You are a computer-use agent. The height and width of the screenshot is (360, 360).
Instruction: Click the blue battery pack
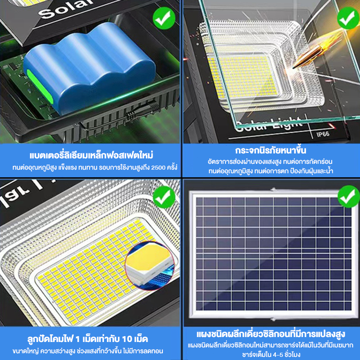90,69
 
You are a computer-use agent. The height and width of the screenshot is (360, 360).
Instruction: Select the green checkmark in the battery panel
164,18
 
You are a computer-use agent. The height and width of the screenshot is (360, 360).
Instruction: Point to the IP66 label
323,134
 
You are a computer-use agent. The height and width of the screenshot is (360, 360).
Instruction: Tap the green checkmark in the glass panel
348,18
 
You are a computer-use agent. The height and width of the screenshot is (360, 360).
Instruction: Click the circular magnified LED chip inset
149,265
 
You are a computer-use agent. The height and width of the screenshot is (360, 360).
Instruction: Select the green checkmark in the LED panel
164,197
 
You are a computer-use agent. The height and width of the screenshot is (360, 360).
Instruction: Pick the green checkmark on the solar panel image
349,197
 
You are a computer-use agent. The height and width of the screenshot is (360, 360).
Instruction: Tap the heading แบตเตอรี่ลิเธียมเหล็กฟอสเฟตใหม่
91,155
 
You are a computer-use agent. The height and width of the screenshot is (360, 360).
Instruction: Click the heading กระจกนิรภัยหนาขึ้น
270,150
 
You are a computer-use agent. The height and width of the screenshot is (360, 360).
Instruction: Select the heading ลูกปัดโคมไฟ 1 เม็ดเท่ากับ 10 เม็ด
88,339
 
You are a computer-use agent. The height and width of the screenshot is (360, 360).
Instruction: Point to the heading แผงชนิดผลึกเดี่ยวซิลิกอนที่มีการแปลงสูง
271,334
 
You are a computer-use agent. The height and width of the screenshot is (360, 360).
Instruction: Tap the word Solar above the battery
67,9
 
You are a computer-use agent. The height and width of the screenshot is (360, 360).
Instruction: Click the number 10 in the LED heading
127,339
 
